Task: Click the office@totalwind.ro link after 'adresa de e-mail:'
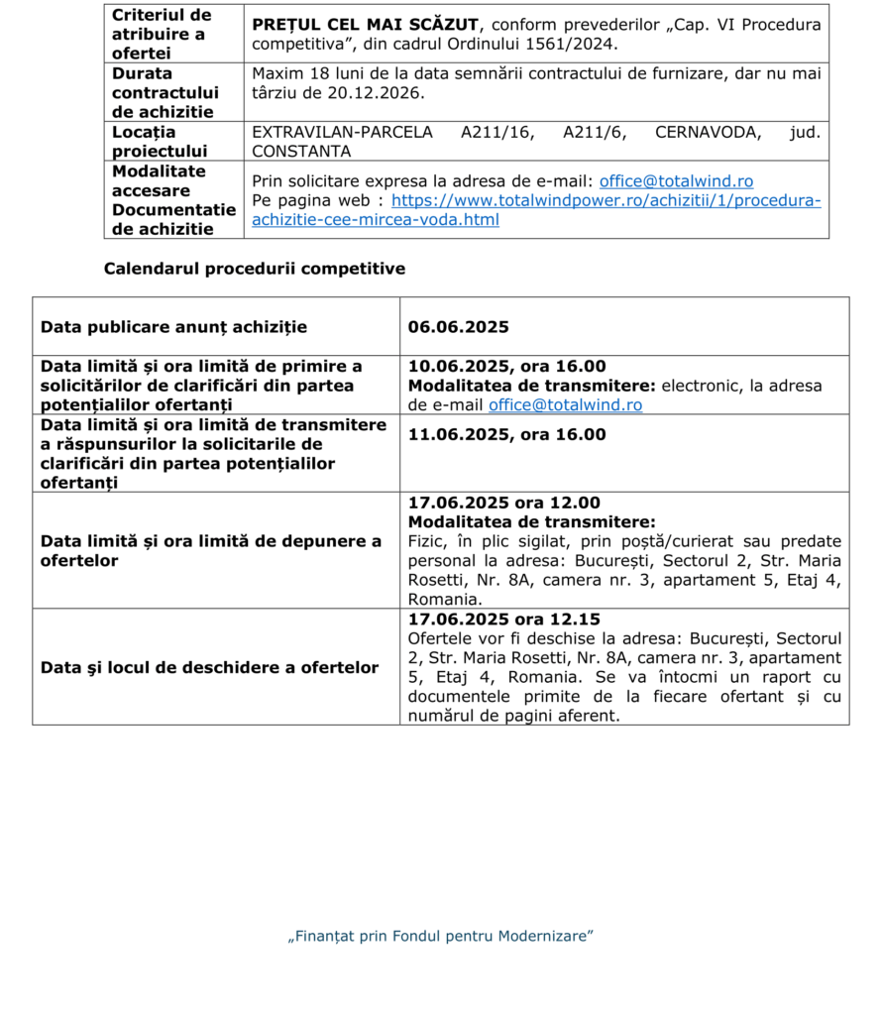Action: pyautogui.click(x=676, y=181)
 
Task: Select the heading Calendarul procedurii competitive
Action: pyautogui.click(x=255, y=269)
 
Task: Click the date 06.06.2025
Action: pyautogui.click(x=459, y=327)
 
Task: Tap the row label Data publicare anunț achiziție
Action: pyautogui.click(x=174, y=327)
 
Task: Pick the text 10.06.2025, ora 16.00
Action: pyautogui.click(x=507, y=366)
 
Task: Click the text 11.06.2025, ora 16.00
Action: pyautogui.click(x=507, y=434)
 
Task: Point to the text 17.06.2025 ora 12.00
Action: pyautogui.click(x=504, y=503)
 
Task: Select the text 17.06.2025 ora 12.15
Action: pyautogui.click(x=504, y=620)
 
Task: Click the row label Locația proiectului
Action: pyautogui.click(x=160, y=142)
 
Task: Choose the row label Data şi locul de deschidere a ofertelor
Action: pyautogui.click(x=209, y=667)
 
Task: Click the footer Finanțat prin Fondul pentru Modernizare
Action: pyautogui.click(x=440, y=936)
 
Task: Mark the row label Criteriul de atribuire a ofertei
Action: pyautogui.click(x=162, y=34)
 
